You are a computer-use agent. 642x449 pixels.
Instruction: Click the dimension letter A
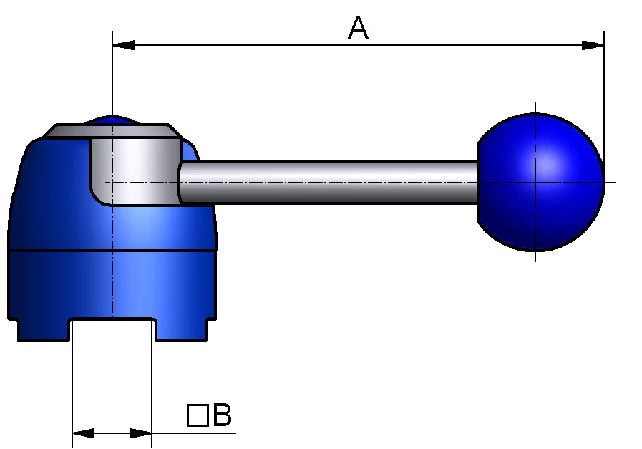coord(358,29)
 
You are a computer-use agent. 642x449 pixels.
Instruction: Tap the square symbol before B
coord(197,415)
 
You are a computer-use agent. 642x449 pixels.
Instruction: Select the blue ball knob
coord(540,183)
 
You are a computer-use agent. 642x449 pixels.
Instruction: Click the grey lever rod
coord(329,182)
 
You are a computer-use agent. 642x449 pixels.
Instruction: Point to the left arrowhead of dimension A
coord(124,45)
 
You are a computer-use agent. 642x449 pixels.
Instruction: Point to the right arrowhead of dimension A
coord(593,45)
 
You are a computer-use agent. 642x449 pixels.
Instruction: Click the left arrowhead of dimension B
coord(83,433)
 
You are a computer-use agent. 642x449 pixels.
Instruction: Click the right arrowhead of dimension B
coord(141,433)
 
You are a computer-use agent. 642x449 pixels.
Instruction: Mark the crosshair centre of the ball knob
coord(535,183)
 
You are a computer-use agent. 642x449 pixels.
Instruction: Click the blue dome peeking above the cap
coord(112,119)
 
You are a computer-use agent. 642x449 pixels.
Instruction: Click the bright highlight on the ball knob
coord(548,165)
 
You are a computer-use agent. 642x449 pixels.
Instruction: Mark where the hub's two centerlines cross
coord(112,183)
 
